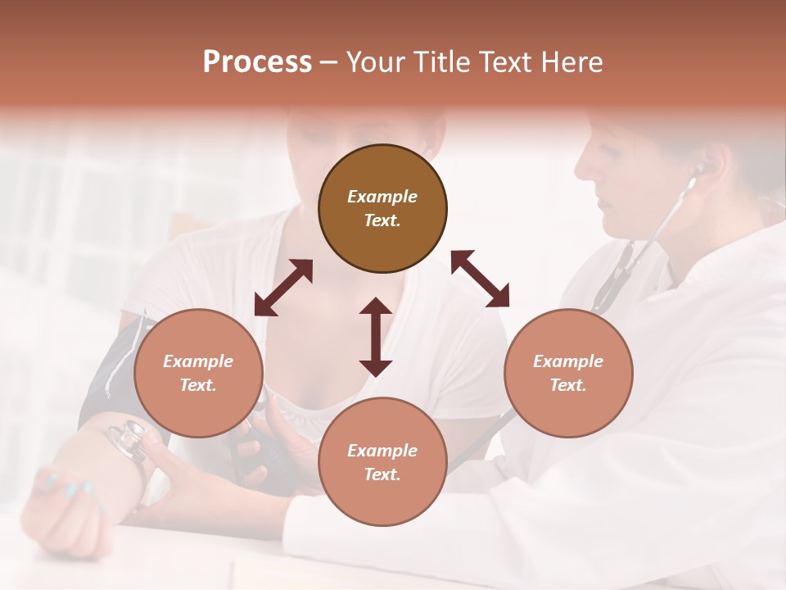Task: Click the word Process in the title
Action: (257, 62)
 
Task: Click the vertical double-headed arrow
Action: (376, 337)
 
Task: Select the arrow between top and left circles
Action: (283, 288)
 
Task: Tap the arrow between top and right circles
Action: (480, 279)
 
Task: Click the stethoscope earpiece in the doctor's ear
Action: (698, 170)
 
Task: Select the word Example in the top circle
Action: (382, 197)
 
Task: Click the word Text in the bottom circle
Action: (382, 474)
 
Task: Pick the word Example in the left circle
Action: (198, 361)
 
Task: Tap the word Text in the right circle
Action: (568, 385)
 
